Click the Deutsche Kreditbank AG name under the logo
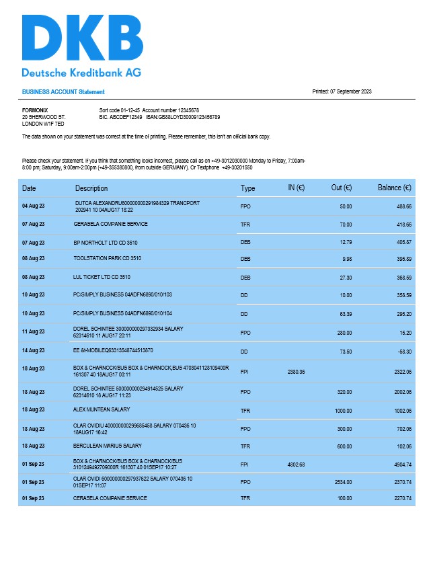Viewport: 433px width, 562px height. click(81, 73)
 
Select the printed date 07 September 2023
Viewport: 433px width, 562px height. click(350, 91)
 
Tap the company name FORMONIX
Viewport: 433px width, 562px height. click(35, 110)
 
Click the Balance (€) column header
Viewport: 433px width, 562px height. click(395, 188)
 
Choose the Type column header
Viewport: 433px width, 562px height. click(248, 188)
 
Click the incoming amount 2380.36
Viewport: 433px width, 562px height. click(296, 371)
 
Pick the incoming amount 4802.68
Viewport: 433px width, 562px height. click(296, 464)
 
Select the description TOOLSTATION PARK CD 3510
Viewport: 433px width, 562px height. click(108, 258)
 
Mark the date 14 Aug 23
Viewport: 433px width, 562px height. click(33, 351)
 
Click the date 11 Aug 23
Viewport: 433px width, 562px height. click(33, 331)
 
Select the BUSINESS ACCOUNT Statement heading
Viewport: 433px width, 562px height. click(63, 91)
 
